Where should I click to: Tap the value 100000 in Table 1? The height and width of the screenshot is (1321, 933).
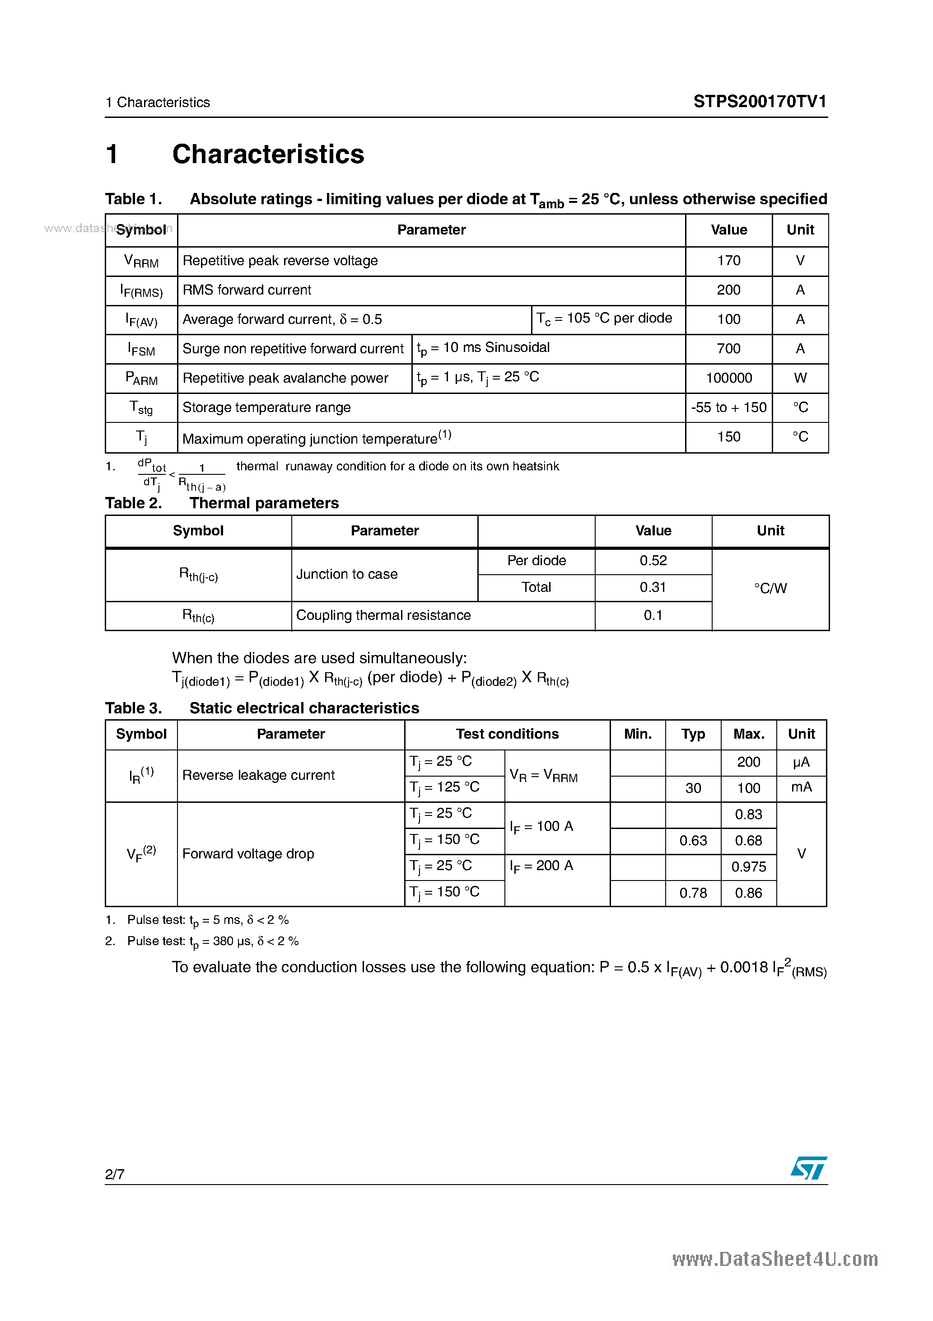(728, 378)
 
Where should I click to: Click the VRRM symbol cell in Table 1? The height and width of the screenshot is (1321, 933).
(141, 261)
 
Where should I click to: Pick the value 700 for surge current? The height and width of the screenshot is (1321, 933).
(728, 349)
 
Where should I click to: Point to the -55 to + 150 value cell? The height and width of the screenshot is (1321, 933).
(728, 408)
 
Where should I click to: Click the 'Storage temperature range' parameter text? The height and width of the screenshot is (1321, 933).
(266, 408)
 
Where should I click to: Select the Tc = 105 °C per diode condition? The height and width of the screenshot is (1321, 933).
(604, 319)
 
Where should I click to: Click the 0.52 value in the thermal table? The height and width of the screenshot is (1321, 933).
(653, 560)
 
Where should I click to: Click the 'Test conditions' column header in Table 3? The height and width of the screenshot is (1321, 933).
(507, 734)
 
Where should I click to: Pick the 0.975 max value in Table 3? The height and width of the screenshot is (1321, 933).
(748, 867)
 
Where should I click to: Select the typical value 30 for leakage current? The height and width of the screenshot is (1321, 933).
(693, 788)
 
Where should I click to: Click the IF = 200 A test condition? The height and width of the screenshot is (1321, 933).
(541, 866)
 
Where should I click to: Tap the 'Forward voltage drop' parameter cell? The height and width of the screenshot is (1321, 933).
(248, 853)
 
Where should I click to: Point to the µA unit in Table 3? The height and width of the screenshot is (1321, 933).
(801, 762)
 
